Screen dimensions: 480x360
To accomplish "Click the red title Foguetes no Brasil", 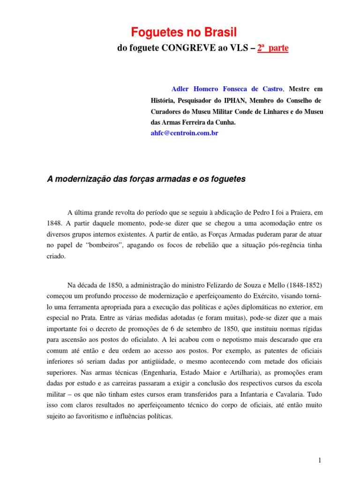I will (184, 32).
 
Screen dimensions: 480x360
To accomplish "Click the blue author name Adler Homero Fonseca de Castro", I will (227, 89).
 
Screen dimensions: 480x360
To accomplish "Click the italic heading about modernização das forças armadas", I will (146, 179).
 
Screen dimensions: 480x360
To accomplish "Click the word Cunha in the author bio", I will (224, 122).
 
